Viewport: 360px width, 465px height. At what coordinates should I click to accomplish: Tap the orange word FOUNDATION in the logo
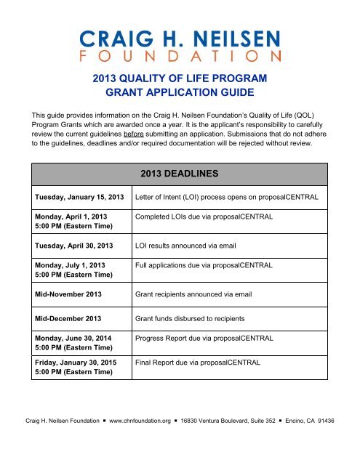click(x=180, y=55)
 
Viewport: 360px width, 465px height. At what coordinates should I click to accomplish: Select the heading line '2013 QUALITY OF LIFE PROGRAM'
click(x=180, y=78)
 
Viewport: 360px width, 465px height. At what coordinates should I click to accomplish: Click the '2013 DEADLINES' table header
click(x=180, y=174)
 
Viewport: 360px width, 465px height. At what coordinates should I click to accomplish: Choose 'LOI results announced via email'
click(x=188, y=246)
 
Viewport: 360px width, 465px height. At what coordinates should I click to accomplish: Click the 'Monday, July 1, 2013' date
click(x=64, y=266)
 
